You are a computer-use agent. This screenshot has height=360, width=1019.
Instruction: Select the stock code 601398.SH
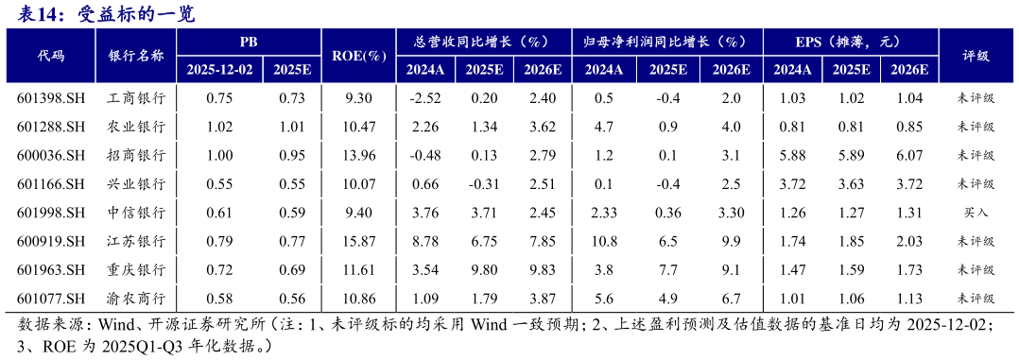pos(51,97)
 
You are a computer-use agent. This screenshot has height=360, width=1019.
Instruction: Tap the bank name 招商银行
pos(137,155)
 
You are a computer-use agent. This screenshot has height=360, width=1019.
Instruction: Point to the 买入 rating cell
pos(977,213)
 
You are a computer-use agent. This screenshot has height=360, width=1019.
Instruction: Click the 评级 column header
pos(977,56)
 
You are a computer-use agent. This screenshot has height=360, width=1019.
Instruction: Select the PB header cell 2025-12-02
pos(219,70)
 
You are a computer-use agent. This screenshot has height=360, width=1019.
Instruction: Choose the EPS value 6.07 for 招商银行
pos(908,155)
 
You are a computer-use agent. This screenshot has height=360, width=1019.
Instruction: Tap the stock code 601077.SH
pos(51,299)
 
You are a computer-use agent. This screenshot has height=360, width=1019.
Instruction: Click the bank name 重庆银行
pos(137,270)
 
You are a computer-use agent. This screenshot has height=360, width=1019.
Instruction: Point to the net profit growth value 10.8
pos(604,241)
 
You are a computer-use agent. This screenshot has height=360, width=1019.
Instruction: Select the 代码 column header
pos(51,56)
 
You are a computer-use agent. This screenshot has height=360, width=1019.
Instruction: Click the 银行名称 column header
pos(137,56)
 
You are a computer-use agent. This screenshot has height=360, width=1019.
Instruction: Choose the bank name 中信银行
pos(137,213)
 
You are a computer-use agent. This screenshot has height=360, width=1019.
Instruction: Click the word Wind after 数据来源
pos(117,326)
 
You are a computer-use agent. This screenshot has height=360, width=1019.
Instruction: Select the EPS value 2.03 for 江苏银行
pos(908,241)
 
